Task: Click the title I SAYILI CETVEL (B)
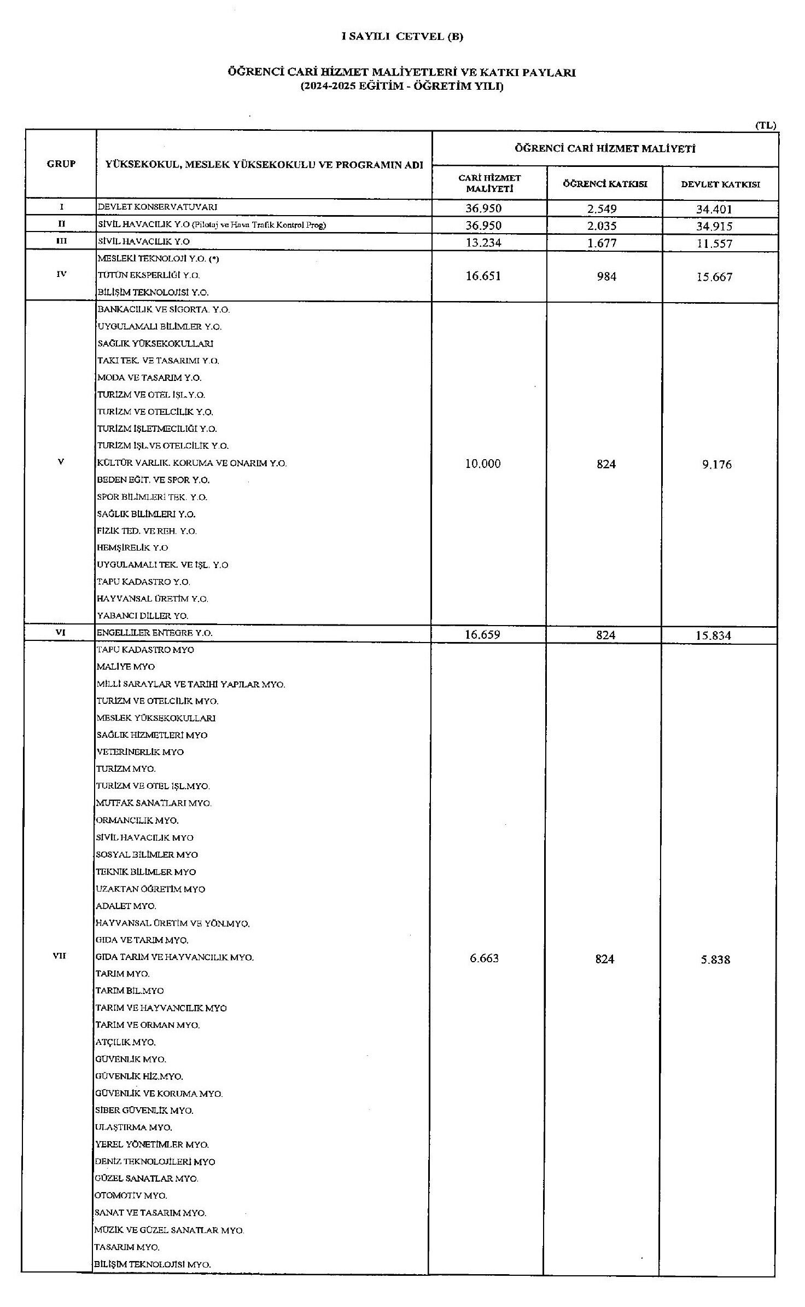(x=402, y=37)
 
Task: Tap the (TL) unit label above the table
(x=766, y=125)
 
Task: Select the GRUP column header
(x=61, y=164)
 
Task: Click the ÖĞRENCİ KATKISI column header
(x=605, y=184)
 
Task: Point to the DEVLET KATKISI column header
(x=720, y=184)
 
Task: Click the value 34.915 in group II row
(x=714, y=226)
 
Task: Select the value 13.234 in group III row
(x=483, y=243)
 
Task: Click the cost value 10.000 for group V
(x=483, y=464)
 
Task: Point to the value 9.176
(x=716, y=464)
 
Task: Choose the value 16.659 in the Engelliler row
(x=483, y=635)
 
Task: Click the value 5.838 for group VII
(x=715, y=959)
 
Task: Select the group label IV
(x=61, y=274)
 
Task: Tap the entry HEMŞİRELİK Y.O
(x=133, y=548)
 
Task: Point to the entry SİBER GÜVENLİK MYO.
(x=144, y=1111)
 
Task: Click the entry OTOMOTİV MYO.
(x=131, y=1196)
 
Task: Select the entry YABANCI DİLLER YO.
(x=143, y=616)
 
